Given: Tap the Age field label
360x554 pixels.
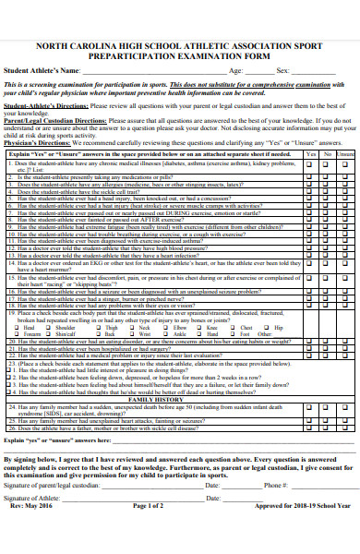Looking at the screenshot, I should (235, 70).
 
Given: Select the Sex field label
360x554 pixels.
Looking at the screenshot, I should (282, 70).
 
